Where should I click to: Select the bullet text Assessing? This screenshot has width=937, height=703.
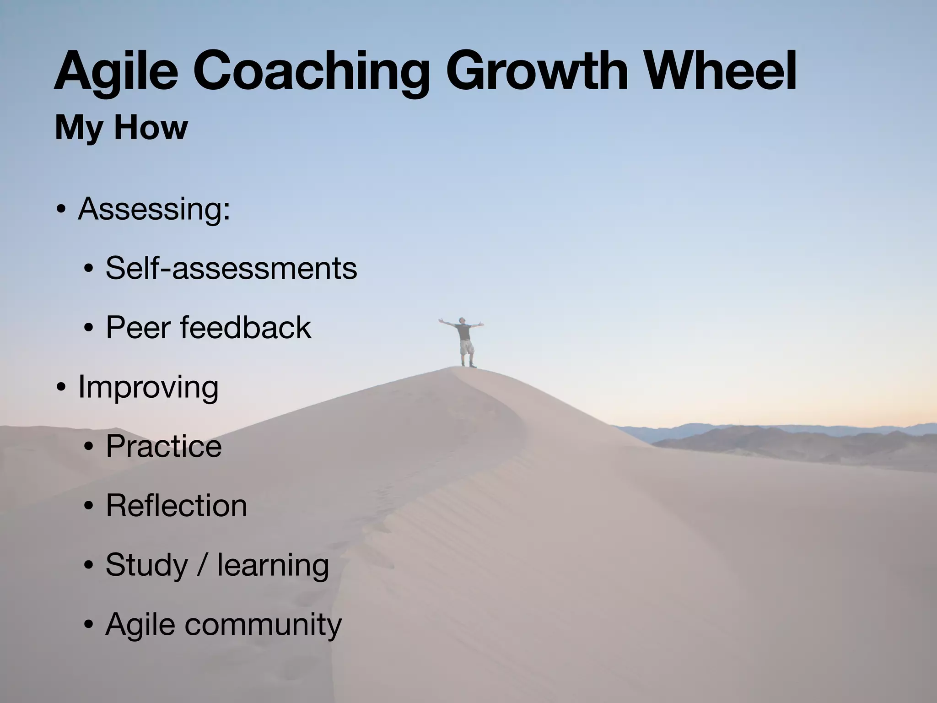pos(154,210)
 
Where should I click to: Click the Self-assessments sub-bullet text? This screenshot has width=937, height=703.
pos(231,268)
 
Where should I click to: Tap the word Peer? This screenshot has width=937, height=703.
pos(139,328)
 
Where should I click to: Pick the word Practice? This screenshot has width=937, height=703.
pos(164,446)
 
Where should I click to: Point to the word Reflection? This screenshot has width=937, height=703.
pos(177,506)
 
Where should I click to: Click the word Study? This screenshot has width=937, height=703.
pos(147,566)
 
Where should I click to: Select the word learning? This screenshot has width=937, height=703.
pos(273,566)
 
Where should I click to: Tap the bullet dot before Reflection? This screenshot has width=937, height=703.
pos(89,507)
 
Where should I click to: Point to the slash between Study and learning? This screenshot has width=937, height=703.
pos(203,565)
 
